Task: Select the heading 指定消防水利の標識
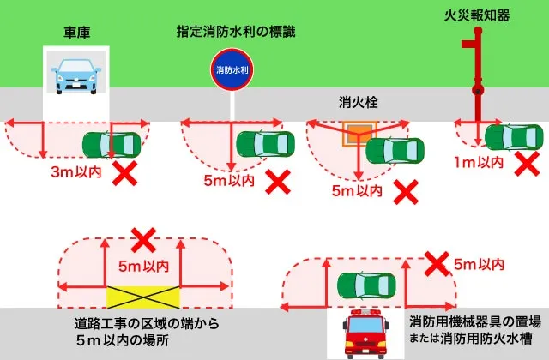click(x=235, y=33)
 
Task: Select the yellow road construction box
click(x=143, y=297)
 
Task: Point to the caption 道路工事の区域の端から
click(x=147, y=324)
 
